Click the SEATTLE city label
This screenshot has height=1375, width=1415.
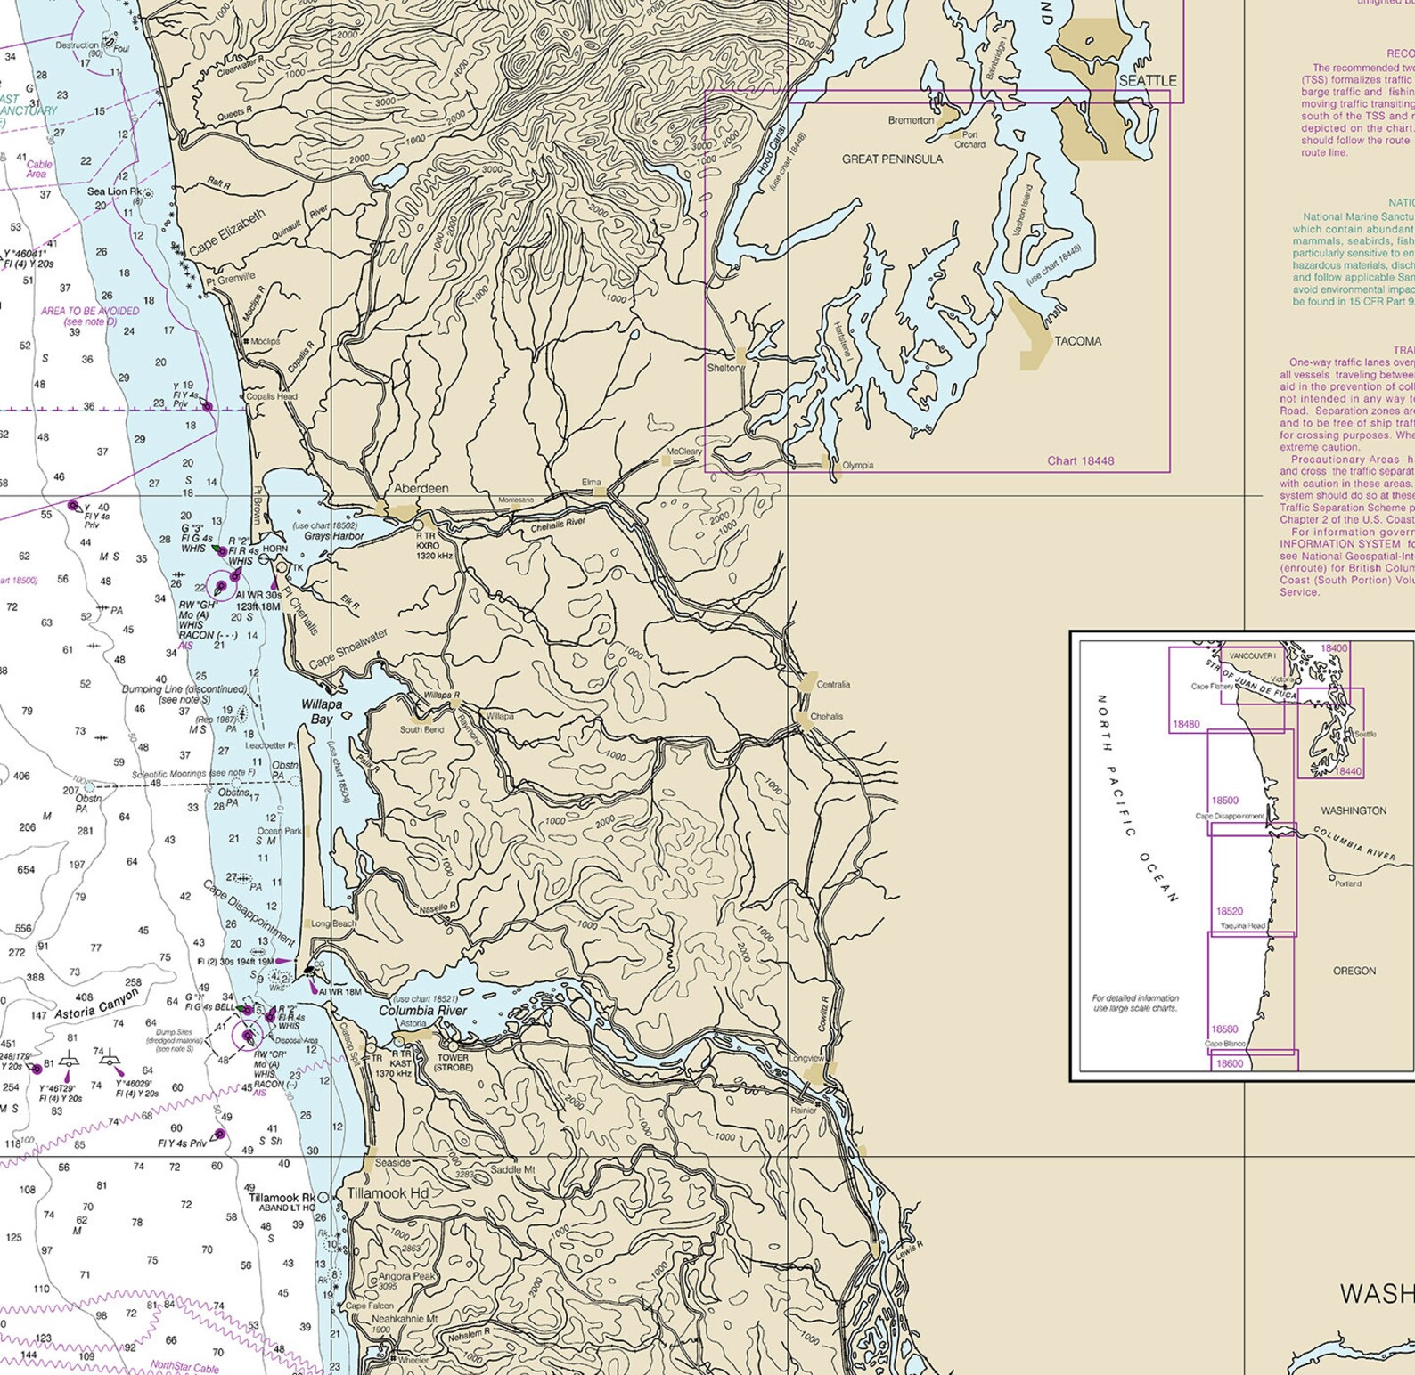[x=1147, y=80]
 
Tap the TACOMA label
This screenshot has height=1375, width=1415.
[x=1077, y=341]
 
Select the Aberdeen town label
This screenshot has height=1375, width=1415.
[x=421, y=489]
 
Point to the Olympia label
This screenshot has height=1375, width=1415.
[x=857, y=465]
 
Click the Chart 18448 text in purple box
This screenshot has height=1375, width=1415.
[x=1080, y=460]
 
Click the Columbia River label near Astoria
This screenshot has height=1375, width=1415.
[x=422, y=1011]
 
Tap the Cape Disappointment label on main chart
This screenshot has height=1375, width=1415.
[x=249, y=913]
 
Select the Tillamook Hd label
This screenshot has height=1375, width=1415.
[x=388, y=1193]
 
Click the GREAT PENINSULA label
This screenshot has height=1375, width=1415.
[x=892, y=159]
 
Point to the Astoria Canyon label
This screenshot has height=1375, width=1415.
[x=97, y=1008]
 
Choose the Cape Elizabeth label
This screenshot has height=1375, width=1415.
[x=227, y=232]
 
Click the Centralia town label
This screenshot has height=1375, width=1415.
[x=833, y=685]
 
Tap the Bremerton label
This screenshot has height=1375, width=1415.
[x=911, y=120]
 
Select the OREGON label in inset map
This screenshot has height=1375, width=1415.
[x=1354, y=971]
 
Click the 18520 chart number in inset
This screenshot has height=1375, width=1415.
[x=1229, y=911]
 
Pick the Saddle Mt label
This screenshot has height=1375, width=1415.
[x=512, y=1169]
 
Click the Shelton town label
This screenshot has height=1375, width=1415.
[x=723, y=368]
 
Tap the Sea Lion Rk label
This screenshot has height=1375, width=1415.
[x=113, y=191]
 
